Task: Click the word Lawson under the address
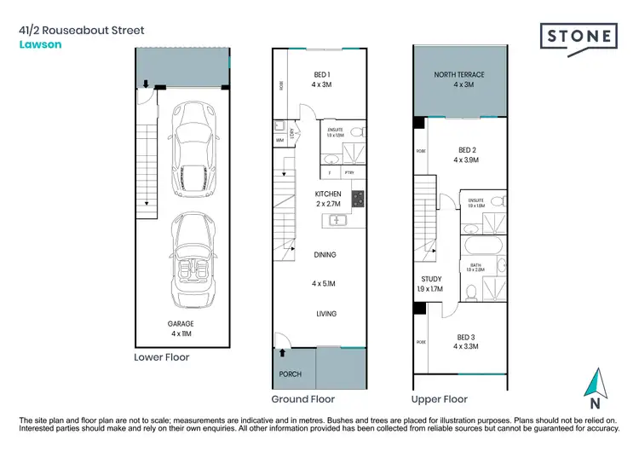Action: (37, 45)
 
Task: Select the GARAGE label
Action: (181, 324)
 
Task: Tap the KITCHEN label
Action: (328, 194)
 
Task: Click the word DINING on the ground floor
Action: (325, 254)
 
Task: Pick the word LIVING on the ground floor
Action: (325, 314)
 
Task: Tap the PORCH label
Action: (291, 374)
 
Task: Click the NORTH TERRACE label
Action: (459, 75)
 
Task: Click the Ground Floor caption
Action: (302, 399)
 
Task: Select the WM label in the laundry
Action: (279, 141)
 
